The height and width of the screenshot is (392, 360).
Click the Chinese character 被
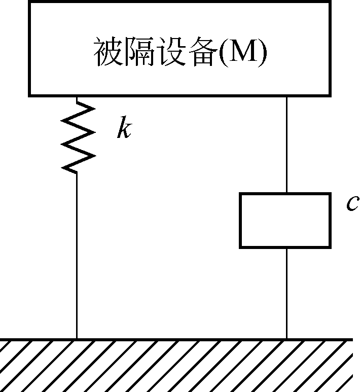(108, 52)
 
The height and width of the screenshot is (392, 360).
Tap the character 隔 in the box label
(139, 52)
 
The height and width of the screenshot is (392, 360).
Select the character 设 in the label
(171, 52)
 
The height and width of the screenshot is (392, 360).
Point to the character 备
(202, 52)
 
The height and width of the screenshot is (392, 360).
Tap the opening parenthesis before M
(224, 52)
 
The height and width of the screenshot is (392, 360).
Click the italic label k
(124, 127)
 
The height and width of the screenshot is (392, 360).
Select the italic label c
(353, 203)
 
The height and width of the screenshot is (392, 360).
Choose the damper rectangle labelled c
(285, 221)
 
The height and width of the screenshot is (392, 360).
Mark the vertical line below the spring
(77, 256)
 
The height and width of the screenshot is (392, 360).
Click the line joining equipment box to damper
(287, 145)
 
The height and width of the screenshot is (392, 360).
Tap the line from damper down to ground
(287, 294)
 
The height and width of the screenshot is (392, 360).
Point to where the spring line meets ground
(77, 339)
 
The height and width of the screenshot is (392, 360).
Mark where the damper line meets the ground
(287, 339)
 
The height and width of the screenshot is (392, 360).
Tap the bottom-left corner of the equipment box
(29, 96)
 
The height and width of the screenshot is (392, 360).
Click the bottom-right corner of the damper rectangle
(331, 248)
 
